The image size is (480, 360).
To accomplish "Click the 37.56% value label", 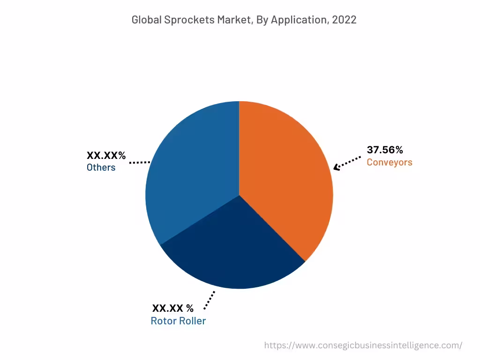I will [385, 150].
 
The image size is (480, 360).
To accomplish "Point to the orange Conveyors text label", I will [390, 162].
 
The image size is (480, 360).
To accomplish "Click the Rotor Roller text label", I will [178, 321].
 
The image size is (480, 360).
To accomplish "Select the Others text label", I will [101, 167].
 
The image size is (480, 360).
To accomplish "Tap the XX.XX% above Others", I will [106, 156].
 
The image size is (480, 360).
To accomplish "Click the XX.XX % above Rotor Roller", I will [172, 308].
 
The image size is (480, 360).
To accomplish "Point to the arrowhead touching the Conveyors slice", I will [336, 167].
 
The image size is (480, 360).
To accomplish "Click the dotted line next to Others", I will [139, 162].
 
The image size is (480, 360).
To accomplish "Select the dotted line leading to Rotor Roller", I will [210, 300].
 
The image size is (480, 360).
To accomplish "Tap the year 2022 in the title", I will [345, 20].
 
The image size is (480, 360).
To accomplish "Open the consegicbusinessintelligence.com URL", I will [363, 345].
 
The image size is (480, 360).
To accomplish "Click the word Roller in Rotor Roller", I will [193, 321].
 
